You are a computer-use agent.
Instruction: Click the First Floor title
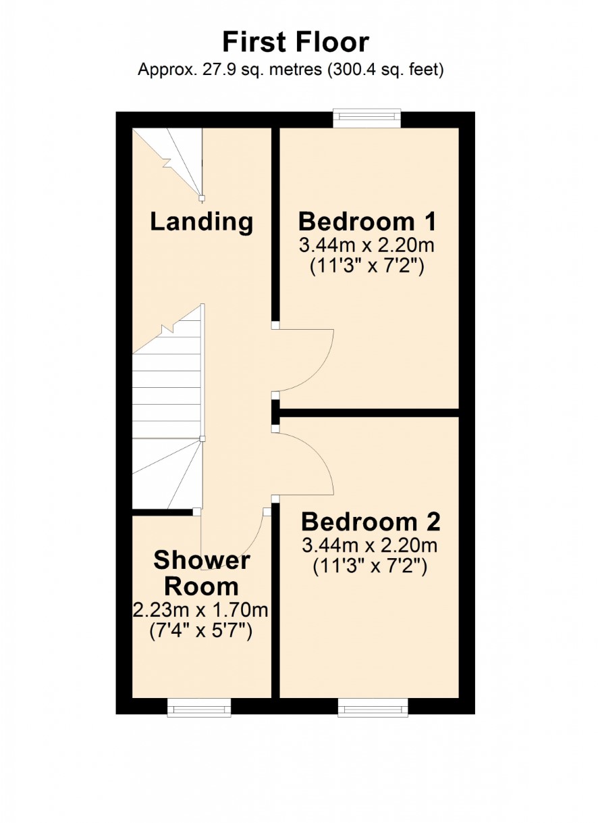pos(296,43)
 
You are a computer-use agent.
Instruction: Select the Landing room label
pos(202,222)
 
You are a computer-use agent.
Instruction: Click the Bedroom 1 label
pos(367,222)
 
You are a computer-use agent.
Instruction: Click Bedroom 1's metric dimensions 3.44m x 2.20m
pos(366,246)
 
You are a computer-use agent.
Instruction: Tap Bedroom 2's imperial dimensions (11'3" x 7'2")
pos(370,566)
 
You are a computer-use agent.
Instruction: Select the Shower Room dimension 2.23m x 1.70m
pos(200,611)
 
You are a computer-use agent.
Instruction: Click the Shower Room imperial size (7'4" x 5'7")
pos(201,631)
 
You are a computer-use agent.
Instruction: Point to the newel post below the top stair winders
pos(201,199)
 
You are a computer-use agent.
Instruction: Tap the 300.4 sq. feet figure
pos(386,70)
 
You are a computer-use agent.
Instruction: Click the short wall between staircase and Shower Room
pos(163,512)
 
